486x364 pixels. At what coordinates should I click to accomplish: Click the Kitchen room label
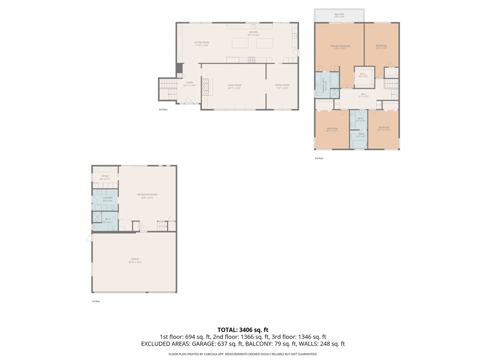coord(252,33)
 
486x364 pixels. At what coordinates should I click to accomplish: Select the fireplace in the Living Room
coord(206,87)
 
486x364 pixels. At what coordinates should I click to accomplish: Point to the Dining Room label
coord(282,86)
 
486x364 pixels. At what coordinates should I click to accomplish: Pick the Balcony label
coord(339,15)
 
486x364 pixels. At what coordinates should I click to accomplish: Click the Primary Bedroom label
coord(340,46)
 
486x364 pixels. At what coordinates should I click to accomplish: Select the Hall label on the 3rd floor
coord(363,95)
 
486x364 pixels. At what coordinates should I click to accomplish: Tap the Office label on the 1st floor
coord(105,177)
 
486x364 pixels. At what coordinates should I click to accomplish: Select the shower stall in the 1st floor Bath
coord(98,217)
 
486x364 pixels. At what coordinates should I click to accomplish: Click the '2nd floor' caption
coord(163,109)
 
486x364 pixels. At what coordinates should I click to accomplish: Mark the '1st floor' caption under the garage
coord(95,301)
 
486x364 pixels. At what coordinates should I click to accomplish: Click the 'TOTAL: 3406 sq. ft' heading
coord(243,329)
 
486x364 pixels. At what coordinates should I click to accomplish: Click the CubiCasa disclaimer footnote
coord(243,354)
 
